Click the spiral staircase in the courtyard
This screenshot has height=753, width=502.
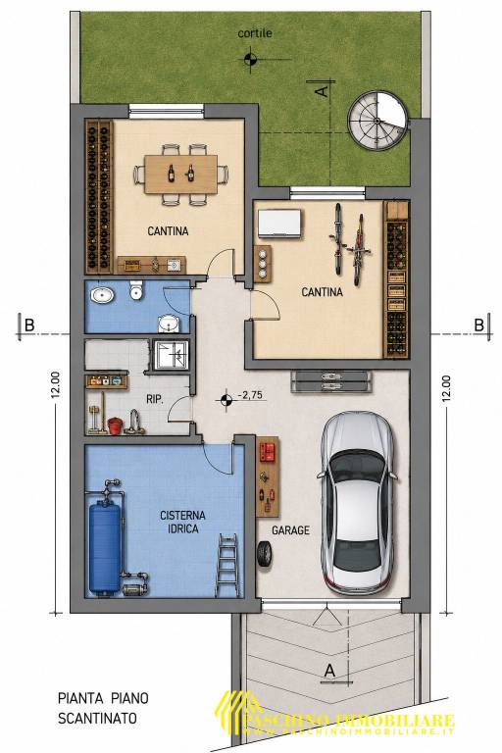point(378,121)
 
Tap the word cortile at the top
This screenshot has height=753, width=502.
point(255,33)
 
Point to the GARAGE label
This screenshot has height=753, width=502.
point(290,530)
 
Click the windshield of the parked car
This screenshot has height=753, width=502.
point(359,467)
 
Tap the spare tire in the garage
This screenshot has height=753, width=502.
point(264,555)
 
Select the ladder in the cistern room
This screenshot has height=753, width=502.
point(226,565)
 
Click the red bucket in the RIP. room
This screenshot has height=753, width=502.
point(115,426)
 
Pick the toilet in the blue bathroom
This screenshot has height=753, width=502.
point(137,290)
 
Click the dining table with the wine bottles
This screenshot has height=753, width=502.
point(181,174)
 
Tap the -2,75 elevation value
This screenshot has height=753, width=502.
point(250,395)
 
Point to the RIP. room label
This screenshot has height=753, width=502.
point(155,399)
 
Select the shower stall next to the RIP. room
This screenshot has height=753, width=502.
point(171,355)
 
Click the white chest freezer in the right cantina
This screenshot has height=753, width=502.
point(280,223)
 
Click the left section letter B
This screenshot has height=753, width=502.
point(29,326)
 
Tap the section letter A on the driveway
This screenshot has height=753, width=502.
point(329,670)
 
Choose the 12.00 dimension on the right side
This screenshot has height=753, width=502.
point(446,388)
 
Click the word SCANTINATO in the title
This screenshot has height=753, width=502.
point(97,719)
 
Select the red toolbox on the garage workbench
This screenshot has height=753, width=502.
point(267,452)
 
